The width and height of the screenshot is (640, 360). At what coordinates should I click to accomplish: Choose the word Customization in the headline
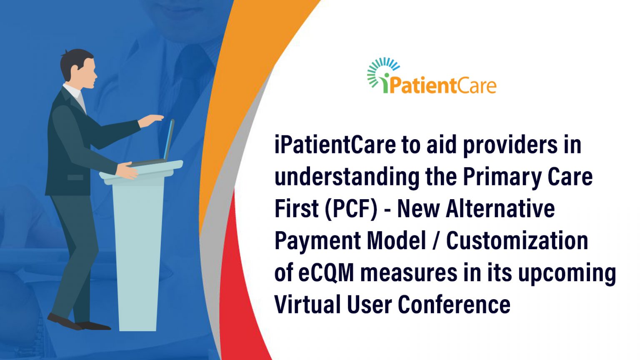click(x=517, y=241)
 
